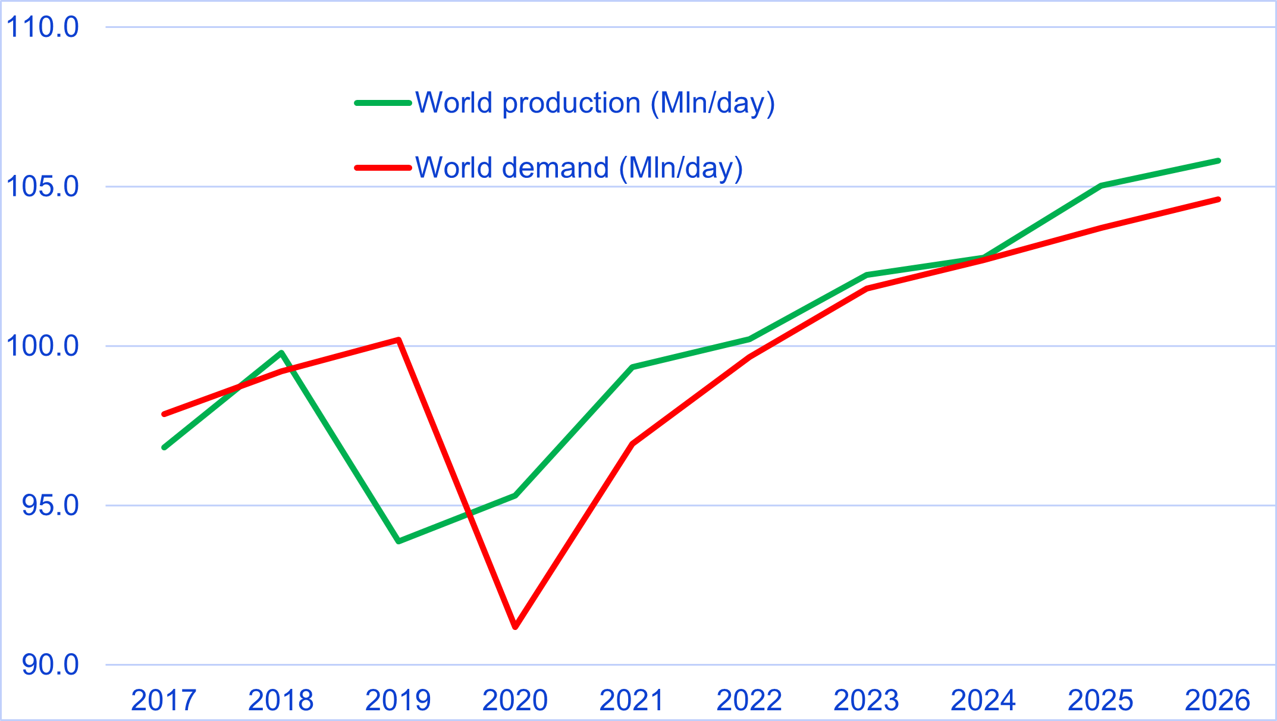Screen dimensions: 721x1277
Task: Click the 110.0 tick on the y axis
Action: pyautogui.click(x=42, y=27)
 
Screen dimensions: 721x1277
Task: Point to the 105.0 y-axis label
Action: pyautogui.click(x=42, y=187)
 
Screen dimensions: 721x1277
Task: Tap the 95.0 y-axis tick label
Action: pyautogui.click(x=50, y=506)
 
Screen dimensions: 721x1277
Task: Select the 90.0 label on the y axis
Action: pyautogui.click(x=50, y=665)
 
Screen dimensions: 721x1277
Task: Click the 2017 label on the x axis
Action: pyautogui.click(x=164, y=701)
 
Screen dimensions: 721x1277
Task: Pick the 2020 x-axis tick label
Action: pyautogui.click(x=514, y=701)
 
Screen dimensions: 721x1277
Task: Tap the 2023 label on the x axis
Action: pyautogui.click(x=866, y=701)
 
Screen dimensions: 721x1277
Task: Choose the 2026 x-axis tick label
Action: pyautogui.click(x=1218, y=701)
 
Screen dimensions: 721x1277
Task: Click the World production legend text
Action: pyautogui.click(x=595, y=103)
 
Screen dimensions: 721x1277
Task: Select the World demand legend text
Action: pyautogui.click(x=579, y=168)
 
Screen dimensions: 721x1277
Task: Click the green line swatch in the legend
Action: pyautogui.click(x=383, y=103)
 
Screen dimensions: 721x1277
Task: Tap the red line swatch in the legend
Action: pyautogui.click(x=383, y=168)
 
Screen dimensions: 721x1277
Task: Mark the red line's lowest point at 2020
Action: pyautogui.click(x=515, y=626)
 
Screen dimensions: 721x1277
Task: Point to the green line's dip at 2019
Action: pyautogui.click(x=398, y=541)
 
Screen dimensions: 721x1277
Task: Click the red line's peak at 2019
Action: pyautogui.click(x=399, y=340)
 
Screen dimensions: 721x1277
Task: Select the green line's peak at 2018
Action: pyautogui.click(x=281, y=353)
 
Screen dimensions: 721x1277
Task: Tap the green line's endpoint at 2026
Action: pyautogui.click(x=1218, y=161)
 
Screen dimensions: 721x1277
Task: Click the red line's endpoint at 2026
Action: pyautogui.click(x=1218, y=199)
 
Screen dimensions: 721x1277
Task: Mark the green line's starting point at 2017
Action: pyautogui.click(x=164, y=447)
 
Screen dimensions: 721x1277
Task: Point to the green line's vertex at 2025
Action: pyautogui.click(x=1101, y=186)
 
